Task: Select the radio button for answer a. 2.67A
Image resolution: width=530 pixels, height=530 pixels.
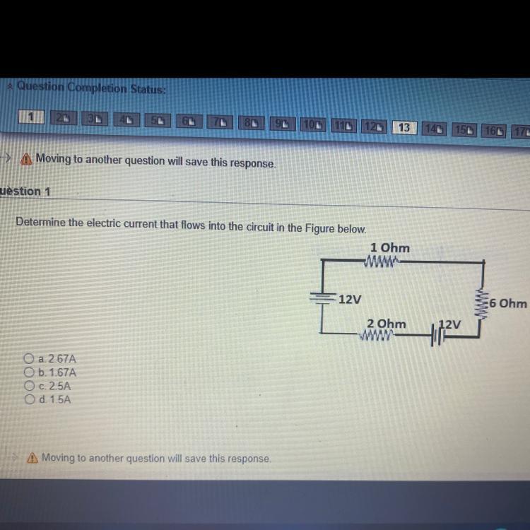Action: [29, 358]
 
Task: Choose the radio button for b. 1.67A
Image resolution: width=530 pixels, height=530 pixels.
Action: [29, 372]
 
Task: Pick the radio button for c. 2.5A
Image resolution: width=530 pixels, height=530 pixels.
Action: [30, 385]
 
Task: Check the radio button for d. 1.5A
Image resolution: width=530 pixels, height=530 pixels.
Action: [30, 399]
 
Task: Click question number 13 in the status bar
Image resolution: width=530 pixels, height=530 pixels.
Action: [404, 127]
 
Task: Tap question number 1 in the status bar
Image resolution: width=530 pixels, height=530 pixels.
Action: [31, 117]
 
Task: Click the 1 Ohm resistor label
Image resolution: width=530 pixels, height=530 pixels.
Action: [389, 247]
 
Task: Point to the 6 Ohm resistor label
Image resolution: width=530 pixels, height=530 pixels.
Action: [507, 303]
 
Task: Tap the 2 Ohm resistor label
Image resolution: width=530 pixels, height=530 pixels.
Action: [387, 324]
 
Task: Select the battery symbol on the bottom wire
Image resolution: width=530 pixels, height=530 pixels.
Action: [438, 336]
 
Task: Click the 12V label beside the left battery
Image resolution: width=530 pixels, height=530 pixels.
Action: [350, 299]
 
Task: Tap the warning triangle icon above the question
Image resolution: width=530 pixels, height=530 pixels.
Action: [26, 158]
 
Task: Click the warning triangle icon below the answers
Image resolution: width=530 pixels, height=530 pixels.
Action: [32, 458]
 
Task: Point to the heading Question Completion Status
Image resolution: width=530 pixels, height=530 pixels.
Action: [91, 88]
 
